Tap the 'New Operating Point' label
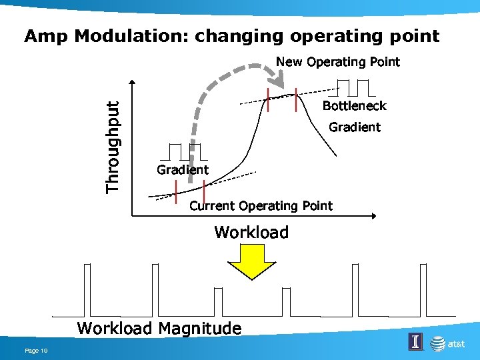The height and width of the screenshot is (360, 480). [338, 62]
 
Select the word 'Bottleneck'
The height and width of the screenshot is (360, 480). [354, 106]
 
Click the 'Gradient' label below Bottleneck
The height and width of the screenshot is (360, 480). [355, 127]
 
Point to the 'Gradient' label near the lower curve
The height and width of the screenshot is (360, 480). [182, 170]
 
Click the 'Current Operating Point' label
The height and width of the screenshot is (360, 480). [261, 205]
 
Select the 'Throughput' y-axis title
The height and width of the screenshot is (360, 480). [113, 147]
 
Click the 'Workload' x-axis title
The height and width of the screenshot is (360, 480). [251, 233]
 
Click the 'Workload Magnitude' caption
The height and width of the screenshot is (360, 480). [159, 328]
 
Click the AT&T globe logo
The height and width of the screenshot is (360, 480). [437, 343]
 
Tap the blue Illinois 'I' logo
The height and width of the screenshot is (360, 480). [415, 342]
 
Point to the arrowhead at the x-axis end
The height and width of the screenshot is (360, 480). [373, 216]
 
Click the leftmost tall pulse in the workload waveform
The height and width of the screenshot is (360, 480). [86, 290]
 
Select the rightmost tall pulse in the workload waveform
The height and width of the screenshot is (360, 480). [421, 290]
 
